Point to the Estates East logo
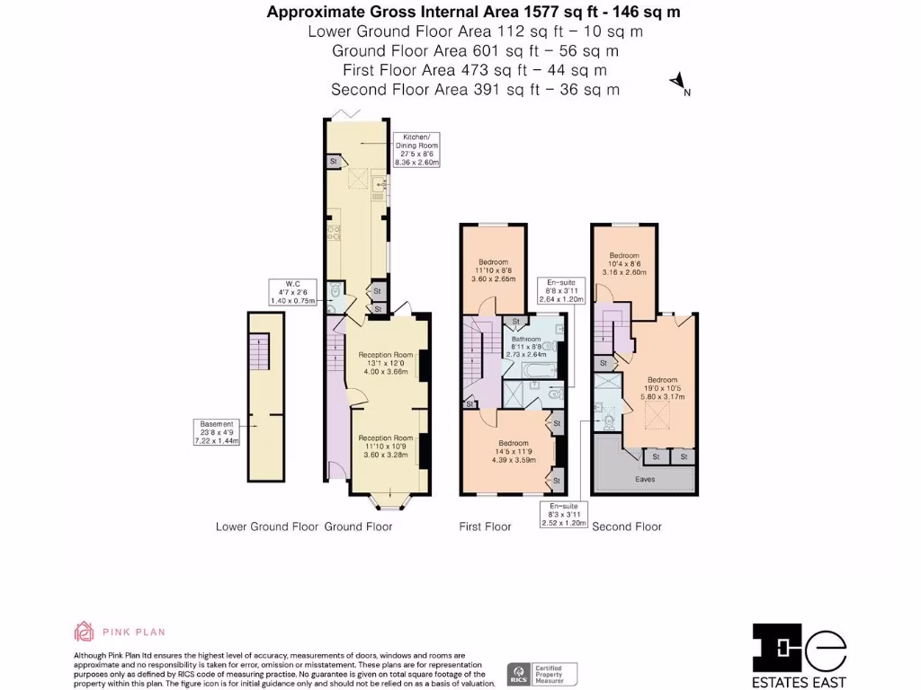pos(800,655)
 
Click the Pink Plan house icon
pos(84,632)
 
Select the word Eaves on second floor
pos(645,480)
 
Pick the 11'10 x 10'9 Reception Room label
pos(385,447)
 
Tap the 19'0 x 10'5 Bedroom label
pos(662,387)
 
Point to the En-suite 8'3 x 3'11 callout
pos(563,515)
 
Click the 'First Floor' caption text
pos(485,526)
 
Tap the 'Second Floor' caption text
pos(626,526)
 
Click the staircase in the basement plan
pos(259,351)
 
